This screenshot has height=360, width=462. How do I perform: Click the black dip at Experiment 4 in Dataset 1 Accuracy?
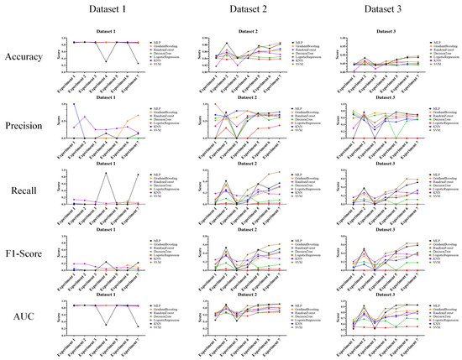click(106, 62)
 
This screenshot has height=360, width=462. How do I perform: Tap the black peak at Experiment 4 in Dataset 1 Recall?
click(106, 174)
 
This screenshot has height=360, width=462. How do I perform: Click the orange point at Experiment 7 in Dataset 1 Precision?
click(139, 116)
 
